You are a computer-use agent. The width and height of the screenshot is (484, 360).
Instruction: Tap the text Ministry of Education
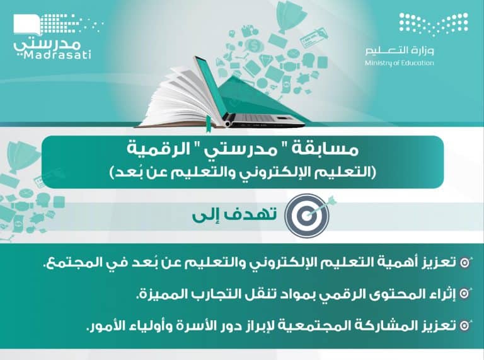tap(399, 63)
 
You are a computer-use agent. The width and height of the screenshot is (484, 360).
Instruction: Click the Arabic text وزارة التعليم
tap(400, 50)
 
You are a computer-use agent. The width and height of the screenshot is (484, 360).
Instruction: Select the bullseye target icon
tap(308, 215)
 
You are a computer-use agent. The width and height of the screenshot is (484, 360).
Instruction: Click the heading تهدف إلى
tap(234, 215)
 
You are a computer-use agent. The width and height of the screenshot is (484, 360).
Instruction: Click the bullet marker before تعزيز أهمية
tap(465, 262)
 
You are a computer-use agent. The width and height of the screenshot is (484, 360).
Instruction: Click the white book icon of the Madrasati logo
tap(27, 25)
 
